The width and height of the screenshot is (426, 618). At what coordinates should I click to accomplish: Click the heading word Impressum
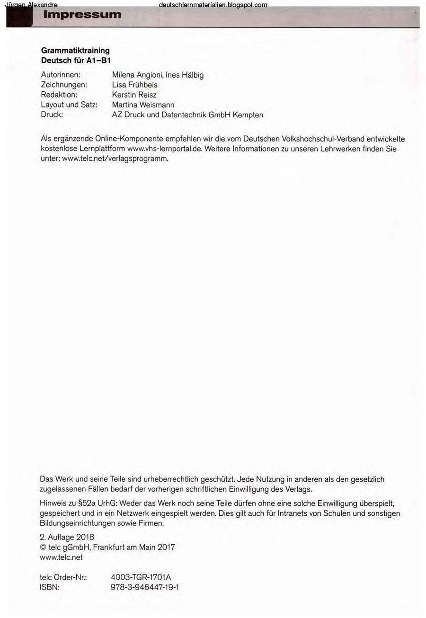(82, 15)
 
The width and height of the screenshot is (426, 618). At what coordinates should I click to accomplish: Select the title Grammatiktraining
(75, 50)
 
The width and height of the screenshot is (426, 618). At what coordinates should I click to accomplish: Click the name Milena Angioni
(137, 75)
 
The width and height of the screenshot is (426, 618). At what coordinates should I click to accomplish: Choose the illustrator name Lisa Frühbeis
(134, 85)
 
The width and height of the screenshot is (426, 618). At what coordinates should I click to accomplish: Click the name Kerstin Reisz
(134, 95)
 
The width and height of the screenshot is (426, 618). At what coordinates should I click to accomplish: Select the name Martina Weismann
(143, 105)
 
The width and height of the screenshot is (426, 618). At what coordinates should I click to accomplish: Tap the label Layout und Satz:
(69, 105)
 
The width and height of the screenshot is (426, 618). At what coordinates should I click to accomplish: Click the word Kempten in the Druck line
(248, 115)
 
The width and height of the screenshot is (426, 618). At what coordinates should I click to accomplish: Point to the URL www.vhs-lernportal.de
(165, 149)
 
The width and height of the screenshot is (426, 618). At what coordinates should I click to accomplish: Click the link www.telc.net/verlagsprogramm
(115, 159)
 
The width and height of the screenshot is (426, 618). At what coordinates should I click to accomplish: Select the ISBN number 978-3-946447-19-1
(144, 587)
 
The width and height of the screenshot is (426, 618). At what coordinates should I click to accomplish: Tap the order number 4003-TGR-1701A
(141, 577)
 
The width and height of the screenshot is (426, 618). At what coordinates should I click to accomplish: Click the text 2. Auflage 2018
(67, 537)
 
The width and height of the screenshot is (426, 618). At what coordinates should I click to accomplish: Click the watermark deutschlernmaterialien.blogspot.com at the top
(213, 5)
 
